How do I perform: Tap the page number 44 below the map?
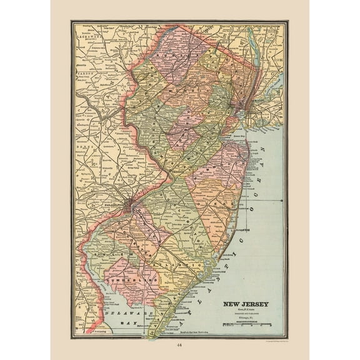pyautogui.click(x=180, y=345)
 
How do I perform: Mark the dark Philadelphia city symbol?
pyautogui.click(x=128, y=204)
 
